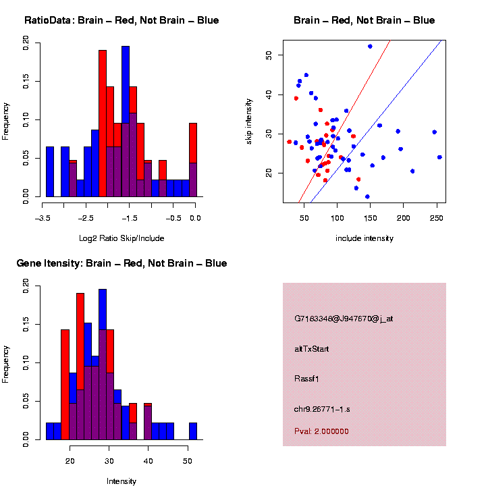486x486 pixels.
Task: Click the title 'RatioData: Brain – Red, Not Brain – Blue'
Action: click(122, 20)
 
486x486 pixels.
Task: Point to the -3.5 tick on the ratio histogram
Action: click(43, 218)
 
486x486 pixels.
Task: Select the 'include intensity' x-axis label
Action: click(364, 238)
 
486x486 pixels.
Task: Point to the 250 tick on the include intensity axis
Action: click(436, 218)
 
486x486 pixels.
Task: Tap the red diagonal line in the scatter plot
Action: click(344, 122)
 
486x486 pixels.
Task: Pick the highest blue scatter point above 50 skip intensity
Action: click(370, 46)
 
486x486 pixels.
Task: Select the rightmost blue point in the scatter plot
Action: click(439, 157)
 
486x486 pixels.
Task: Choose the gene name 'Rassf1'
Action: click(309, 378)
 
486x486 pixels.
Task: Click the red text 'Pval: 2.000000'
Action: click(323, 431)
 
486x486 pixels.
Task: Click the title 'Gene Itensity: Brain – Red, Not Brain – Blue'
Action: click(122, 263)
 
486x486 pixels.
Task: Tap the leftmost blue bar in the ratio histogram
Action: click(50, 172)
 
